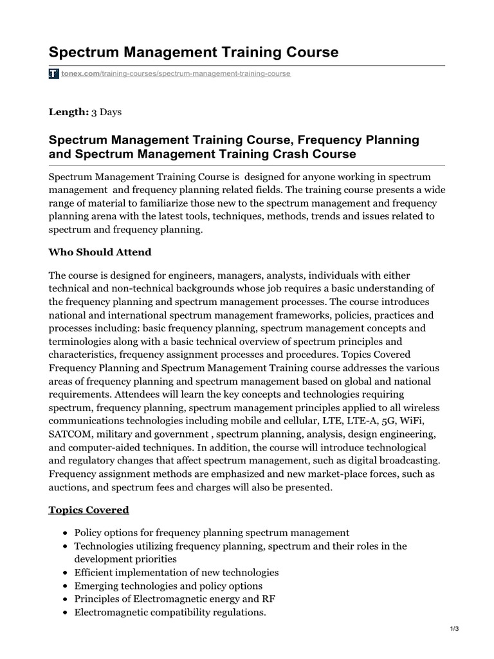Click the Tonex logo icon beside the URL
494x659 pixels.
coord(54,74)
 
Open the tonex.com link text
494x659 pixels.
coord(80,74)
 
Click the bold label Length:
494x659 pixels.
coord(69,112)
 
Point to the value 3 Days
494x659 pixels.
coord(106,112)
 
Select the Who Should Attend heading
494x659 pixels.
coord(100,252)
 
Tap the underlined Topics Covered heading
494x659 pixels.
coord(89,510)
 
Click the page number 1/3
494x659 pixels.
coord(453,646)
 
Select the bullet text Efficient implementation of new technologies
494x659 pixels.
coord(176,572)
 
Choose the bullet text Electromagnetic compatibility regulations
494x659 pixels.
coord(170,612)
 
